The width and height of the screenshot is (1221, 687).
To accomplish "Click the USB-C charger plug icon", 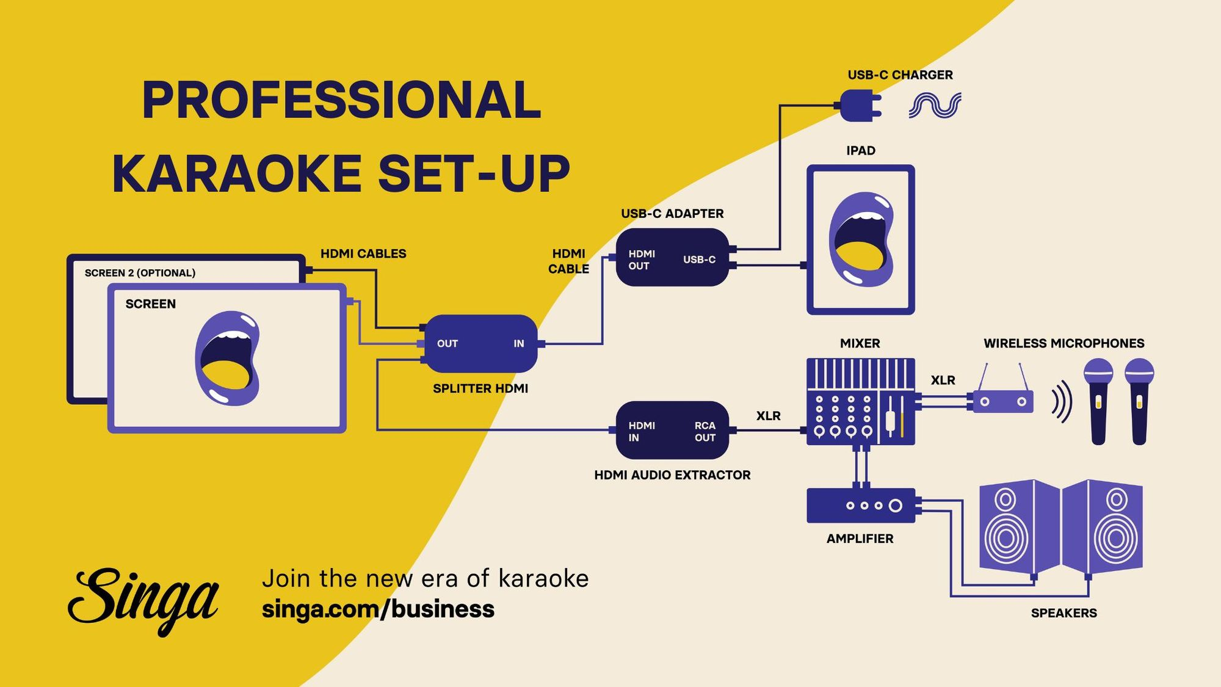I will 860,105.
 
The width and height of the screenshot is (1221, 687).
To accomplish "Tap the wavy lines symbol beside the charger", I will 935,105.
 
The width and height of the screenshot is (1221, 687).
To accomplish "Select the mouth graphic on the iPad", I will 861,239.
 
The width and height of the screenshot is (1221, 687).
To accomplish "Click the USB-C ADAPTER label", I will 672,214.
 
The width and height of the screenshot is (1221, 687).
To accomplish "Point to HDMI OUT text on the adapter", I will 641,260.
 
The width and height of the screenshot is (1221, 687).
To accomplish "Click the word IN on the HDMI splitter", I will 518,344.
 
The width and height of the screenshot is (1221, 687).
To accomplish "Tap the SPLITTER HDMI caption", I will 480,388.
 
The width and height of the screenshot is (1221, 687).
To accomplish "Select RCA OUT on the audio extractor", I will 705,431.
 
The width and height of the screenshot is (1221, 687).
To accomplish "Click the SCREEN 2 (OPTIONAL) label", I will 140,273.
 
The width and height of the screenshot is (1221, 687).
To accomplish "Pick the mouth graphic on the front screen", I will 227,358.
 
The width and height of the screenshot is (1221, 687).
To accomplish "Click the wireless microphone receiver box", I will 1002,402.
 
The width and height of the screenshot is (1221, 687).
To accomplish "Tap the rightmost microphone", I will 1139,401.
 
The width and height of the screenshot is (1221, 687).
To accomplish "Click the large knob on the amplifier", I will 895,506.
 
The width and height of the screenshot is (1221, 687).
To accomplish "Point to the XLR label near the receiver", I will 943,380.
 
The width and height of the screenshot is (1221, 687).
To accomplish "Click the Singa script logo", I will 143,598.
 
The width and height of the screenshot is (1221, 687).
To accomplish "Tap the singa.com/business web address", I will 378,609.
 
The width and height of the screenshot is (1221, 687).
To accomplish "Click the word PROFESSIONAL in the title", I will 341,100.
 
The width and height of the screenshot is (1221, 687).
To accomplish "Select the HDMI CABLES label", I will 363,253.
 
